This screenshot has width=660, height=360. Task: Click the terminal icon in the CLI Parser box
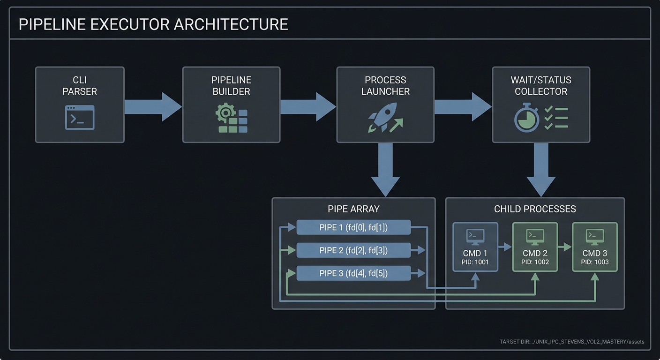click(x=80, y=117)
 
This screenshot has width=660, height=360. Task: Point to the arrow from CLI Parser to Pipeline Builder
click(x=153, y=107)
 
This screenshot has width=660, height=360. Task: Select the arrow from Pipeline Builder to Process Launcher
click(x=307, y=107)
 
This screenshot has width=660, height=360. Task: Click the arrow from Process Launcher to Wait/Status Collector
click(x=462, y=107)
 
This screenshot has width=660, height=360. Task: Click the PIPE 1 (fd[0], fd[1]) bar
click(x=353, y=228)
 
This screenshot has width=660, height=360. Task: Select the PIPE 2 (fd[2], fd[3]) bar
click(x=353, y=250)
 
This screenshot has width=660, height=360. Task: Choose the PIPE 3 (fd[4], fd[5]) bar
click(x=353, y=273)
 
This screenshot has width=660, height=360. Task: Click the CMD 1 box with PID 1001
click(x=475, y=247)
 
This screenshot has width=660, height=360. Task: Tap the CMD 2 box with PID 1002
click(x=535, y=247)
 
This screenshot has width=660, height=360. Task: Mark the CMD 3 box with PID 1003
click(x=595, y=247)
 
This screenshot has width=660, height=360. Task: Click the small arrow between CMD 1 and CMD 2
click(x=505, y=247)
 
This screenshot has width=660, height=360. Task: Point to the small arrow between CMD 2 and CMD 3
click(x=565, y=247)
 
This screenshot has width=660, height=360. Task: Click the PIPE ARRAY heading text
click(x=353, y=209)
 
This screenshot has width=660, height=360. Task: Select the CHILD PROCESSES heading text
click(x=535, y=209)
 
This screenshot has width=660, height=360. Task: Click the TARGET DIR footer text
click(x=571, y=342)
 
